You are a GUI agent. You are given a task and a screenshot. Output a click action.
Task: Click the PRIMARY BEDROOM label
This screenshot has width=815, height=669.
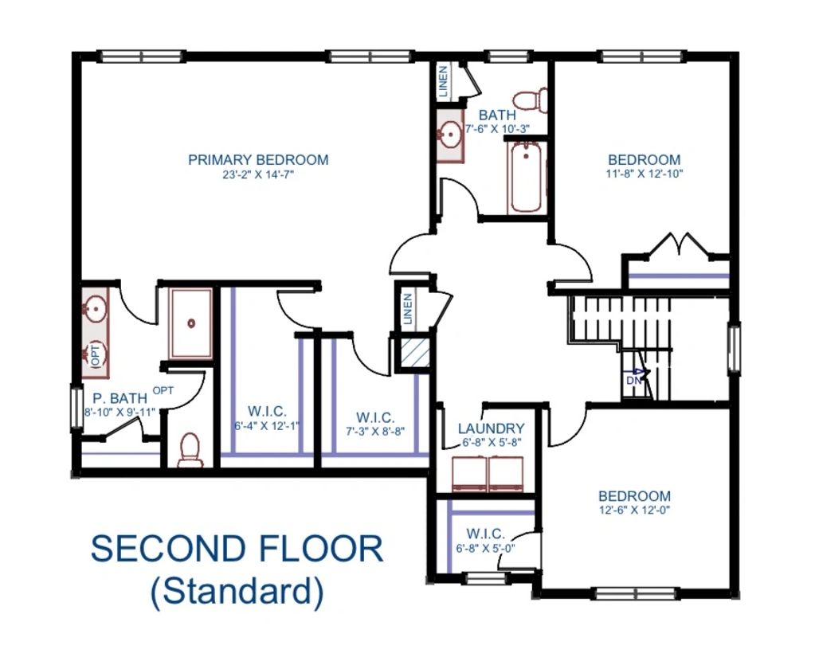[x=258, y=159]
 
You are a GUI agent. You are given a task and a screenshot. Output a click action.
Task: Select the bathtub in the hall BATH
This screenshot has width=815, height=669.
[x=526, y=177]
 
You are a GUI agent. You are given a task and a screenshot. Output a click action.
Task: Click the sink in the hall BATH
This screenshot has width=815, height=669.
[x=449, y=135]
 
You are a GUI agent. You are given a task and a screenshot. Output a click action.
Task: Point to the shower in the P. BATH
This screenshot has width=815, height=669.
[x=191, y=323]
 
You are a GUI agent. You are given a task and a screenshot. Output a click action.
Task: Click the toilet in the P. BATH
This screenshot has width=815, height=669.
[x=190, y=449]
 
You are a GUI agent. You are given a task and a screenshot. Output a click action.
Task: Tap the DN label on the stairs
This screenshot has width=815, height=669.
[x=633, y=380]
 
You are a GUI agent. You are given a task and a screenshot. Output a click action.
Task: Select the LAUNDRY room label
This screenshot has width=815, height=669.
[x=492, y=428]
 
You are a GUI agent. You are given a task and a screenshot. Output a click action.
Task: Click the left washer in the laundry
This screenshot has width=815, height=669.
[x=468, y=474]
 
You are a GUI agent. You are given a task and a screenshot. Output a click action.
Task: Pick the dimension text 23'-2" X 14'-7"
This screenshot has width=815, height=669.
[x=258, y=174]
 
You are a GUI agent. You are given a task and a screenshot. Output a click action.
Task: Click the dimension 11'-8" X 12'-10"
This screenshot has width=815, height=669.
[x=644, y=174]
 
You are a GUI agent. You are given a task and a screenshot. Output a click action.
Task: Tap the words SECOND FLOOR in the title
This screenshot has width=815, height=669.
[x=237, y=549]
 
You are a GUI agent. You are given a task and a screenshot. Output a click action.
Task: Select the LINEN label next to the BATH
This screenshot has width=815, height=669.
[x=444, y=82]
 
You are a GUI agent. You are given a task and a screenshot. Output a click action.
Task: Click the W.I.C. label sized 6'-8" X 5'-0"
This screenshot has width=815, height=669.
[x=485, y=534]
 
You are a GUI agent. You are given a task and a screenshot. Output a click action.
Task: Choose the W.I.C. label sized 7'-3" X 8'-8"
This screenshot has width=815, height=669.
[x=375, y=417]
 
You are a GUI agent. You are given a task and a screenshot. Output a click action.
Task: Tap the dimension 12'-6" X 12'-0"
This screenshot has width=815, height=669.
[x=634, y=510]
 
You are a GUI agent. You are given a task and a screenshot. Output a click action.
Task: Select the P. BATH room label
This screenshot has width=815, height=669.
[x=120, y=398]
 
